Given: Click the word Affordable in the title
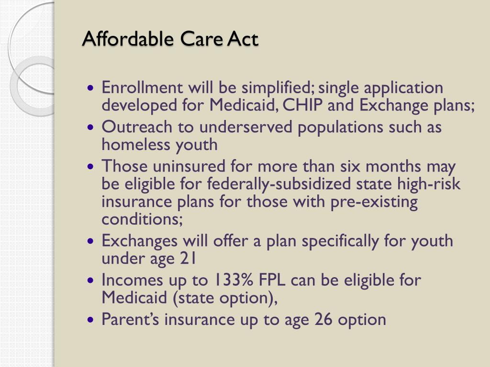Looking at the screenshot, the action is click(x=128, y=39).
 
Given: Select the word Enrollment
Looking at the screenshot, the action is click(x=142, y=87).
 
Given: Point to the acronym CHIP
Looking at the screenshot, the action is click(x=302, y=105).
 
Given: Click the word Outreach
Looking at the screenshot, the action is click(x=137, y=127).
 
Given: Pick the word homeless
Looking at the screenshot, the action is click(x=135, y=144).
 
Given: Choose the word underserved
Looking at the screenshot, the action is click(x=246, y=127).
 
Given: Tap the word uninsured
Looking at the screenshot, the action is click(x=189, y=166).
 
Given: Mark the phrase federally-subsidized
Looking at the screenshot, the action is click(x=279, y=184).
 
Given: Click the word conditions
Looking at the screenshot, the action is click(x=142, y=219).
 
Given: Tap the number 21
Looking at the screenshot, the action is click(x=188, y=258).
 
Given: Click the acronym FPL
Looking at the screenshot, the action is click(x=272, y=280).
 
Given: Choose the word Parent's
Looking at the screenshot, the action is click(x=130, y=319).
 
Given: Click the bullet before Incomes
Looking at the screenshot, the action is click(x=90, y=280).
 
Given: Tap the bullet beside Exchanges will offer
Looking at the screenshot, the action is click(x=90, y=241).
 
